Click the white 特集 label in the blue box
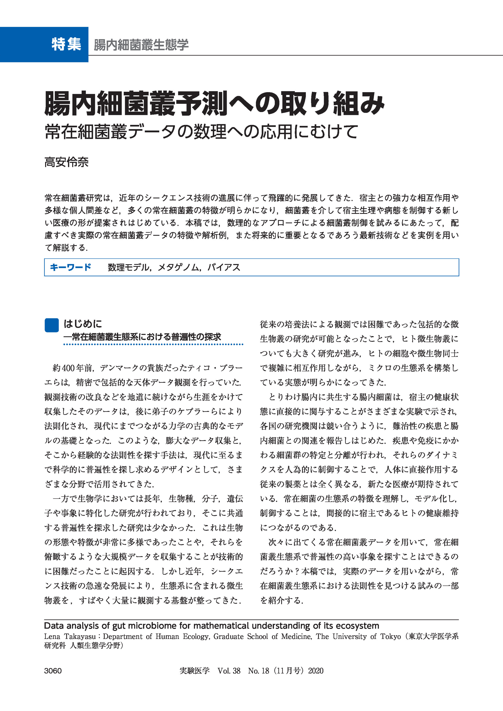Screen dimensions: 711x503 66,44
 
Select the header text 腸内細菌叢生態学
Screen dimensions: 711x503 141,45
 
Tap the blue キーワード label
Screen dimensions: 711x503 71,267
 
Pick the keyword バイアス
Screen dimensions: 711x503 224,267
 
